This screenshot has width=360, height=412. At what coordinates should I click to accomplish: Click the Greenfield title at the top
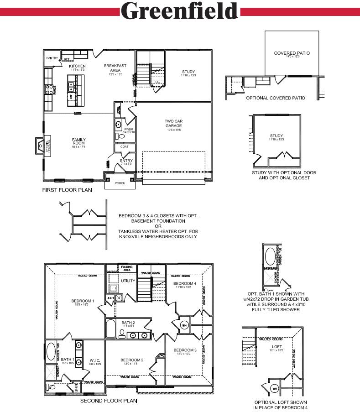(x=180, y=10)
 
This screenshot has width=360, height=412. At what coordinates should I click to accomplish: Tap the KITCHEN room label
(x=77, y=66)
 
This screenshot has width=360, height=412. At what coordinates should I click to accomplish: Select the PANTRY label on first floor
(x=51, y=58)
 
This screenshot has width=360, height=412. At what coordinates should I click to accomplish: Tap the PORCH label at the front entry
(x=120, y=183)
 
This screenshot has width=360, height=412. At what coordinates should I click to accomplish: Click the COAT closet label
(x=125, y=147)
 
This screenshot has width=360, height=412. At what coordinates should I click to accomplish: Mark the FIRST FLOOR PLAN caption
(x=67, y=190)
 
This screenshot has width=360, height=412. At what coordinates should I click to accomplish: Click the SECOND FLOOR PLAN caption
(x=108, y=401)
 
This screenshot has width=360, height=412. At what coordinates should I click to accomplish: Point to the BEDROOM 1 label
(x=83, y=301)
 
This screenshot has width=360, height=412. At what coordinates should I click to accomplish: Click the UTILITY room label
(x=128, y=281)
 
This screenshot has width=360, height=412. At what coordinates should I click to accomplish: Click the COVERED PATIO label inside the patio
(x=292, y=53)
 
